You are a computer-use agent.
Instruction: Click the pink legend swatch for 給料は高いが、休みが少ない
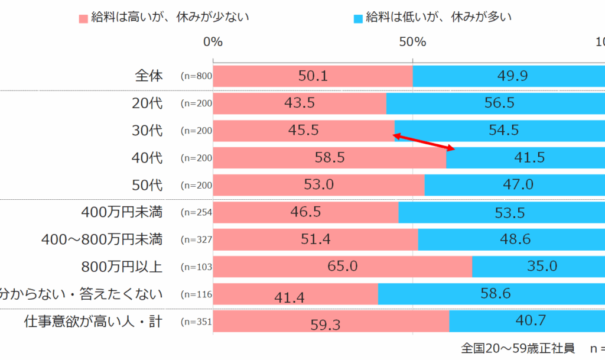coord(83,18)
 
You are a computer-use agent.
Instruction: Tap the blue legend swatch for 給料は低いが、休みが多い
coord(358,18)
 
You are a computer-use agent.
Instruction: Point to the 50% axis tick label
coord(412,42)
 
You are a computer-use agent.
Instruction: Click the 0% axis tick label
coord(213,42)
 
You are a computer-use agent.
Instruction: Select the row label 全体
coord(149,76)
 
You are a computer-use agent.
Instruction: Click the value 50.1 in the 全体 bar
coord(313,76)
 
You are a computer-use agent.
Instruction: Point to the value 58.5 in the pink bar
coord(330,158)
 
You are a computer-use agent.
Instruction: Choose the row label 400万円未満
coord(122,212)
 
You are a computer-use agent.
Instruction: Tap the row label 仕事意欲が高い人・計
coord(93,322)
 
